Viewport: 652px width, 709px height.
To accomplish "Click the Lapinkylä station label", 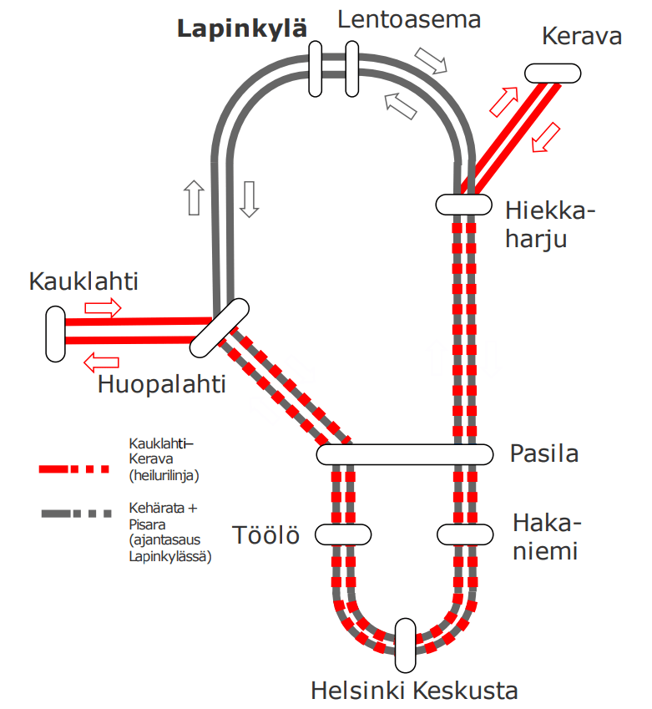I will (x=242, y=30).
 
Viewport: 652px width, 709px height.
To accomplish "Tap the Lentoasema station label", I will (x=409, y=19).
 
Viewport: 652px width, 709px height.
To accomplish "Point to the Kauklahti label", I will (x=83, y=281).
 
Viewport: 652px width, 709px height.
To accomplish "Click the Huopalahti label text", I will (x=161, y=384).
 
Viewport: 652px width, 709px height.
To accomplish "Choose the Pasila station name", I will (x=543, y=454).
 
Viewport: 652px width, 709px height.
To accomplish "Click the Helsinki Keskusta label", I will (x=414, y=691).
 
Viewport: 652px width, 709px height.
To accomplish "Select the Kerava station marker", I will (x=553, y=73).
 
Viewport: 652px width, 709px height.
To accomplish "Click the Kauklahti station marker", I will (x=55, y=334).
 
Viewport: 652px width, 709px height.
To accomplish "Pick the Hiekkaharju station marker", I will (x=463, y=204).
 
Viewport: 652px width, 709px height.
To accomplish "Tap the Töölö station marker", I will (x=342, y=534).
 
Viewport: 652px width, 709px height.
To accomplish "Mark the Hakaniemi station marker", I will (x=465, y=534).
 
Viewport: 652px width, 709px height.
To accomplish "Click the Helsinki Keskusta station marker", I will (x=405, y=646).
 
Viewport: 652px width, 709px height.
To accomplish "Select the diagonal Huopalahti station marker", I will (x=220, y=327).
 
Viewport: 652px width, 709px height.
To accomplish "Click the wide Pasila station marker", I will (x=404, y=454).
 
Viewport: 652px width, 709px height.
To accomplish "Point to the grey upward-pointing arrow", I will (x=194, y=198).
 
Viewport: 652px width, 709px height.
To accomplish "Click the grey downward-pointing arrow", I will (x=248, y=198).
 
